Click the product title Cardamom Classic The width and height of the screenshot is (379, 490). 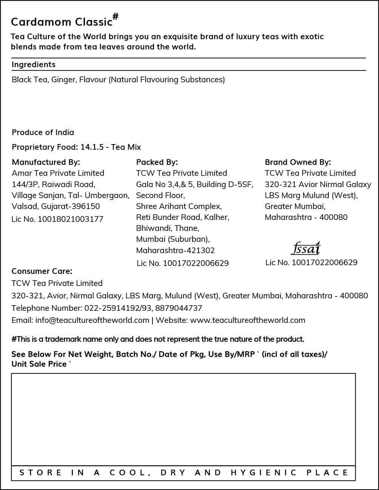click(62, 22)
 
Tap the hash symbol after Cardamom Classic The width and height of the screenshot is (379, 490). click(116, 16)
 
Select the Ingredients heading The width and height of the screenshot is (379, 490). click(34, 65)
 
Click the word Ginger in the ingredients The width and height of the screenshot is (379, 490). click(63, 80)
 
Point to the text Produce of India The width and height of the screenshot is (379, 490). click(43, 132)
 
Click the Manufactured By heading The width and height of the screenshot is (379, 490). click(46, 162)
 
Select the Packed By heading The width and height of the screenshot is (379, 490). click(157, 162)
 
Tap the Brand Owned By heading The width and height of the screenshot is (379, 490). click(298, 162)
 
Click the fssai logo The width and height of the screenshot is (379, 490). click(306, 248)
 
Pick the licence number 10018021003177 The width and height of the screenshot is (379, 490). click(71, 219)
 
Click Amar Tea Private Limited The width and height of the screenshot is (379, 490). click(58, 173)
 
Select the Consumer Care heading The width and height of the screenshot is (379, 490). click(42, 271)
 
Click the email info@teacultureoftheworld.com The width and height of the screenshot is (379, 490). click(92, 320)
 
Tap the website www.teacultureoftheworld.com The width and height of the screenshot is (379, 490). click(248, 320)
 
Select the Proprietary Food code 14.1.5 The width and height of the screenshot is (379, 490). click(92, 147)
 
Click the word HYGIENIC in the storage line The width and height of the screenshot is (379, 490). click(264, 473)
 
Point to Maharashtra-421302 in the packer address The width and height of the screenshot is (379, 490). click(175, 250)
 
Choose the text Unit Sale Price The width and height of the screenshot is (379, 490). click(39, 364)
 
